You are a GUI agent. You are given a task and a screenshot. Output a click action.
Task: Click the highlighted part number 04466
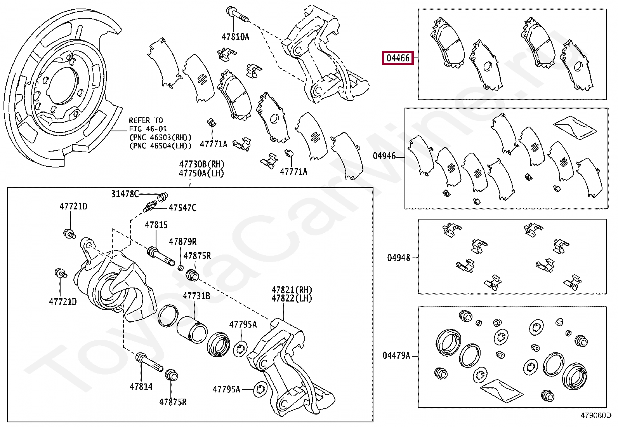point(398,58)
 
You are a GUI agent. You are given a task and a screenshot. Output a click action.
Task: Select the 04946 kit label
point(384,156)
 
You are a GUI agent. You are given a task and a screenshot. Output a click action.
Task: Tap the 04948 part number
point(398,258)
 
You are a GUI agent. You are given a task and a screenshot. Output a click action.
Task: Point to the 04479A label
point(396,356)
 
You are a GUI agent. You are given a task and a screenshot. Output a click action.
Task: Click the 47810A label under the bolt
point(235,37)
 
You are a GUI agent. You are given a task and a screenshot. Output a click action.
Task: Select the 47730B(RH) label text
point(201,165)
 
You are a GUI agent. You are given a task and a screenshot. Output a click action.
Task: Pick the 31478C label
point(125,194)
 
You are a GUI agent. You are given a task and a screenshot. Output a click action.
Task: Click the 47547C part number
point(182,208)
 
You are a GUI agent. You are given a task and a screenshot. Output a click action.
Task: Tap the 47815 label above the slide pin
point(156,225)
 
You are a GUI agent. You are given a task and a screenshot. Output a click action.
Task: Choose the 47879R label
point(182,242)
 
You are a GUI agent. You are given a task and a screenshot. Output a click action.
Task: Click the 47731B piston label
point(196,296)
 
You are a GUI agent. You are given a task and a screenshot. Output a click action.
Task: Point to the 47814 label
point(141,387)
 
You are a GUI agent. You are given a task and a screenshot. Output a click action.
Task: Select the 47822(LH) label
point(292,298)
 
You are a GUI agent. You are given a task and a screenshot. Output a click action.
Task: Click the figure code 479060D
point(596,415)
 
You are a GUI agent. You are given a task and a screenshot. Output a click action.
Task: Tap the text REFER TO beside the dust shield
point(146,120)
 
